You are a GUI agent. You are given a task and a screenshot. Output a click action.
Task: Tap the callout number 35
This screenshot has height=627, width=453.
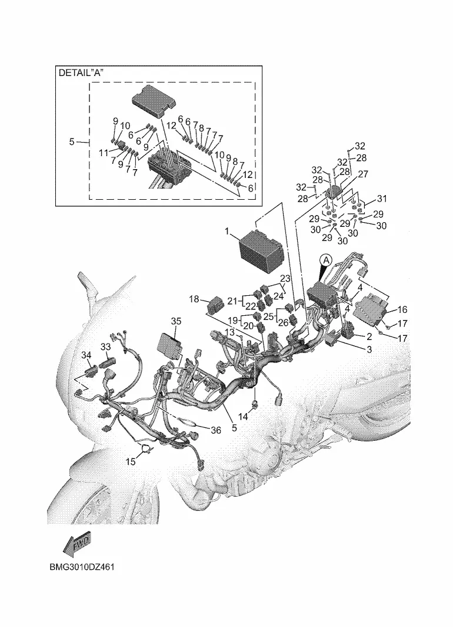(x=176, y=321)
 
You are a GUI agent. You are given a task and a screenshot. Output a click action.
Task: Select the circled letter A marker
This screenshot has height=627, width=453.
(x=326, y=259)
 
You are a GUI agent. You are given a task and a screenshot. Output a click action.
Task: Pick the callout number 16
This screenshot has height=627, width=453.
(x=402, y=309)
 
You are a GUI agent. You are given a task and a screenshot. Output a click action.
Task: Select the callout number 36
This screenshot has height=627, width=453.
(x=216, y=430)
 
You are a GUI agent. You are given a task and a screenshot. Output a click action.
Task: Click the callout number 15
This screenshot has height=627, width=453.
(x=130, y=462)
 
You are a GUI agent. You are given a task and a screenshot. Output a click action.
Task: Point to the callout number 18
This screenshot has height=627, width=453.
(x=194, y=299)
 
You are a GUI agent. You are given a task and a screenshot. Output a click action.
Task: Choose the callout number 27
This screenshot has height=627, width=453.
(x=363, y=174)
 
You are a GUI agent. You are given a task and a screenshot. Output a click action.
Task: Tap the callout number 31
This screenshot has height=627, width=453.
(x=382, y=198)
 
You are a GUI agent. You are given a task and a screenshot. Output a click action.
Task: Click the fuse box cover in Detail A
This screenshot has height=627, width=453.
(x=153, y=98)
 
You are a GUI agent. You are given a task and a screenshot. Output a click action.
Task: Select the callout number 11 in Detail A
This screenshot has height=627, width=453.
(x=104, y=153)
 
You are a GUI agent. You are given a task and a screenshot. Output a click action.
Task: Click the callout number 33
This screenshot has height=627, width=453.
(x=105, y=347)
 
